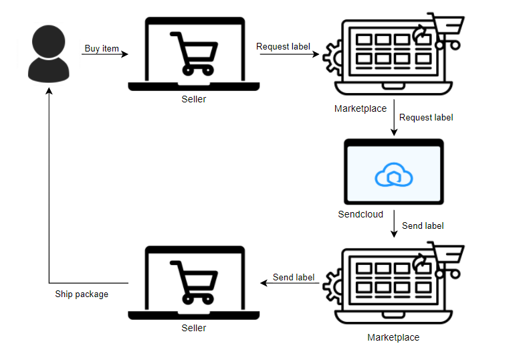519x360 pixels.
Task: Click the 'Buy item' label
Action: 102,48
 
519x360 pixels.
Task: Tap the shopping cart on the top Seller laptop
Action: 194,53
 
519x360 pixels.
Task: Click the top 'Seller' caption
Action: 194,99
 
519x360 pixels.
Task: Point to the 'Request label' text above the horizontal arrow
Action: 283,46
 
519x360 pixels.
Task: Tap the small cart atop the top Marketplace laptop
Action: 447,31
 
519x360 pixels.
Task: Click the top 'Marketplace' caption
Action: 360,108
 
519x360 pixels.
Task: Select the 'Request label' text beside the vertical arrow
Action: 426,117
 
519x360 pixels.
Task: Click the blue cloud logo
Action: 393,175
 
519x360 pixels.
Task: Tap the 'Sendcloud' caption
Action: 360,214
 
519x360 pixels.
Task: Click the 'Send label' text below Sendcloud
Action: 423,226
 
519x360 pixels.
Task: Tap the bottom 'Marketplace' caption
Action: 393,337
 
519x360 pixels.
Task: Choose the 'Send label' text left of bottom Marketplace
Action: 294,277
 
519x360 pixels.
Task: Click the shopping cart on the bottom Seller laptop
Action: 194,281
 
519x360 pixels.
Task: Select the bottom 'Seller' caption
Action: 194,328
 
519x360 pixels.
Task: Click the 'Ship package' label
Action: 82,294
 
